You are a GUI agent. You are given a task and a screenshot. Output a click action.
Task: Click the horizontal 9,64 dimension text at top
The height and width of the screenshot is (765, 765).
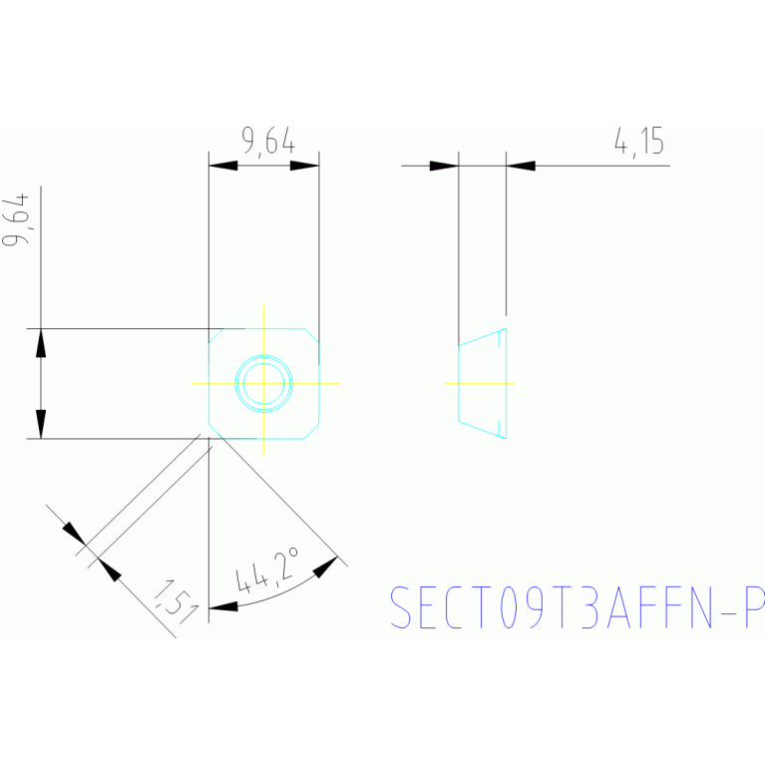pos(267,142)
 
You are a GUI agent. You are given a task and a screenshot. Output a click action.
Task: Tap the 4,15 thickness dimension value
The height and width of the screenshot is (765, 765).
pos(639,142)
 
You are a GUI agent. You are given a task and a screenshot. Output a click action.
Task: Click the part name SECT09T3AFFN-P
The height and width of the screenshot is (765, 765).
pos(576,607)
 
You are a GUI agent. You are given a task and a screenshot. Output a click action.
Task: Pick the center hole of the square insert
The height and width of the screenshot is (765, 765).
pos(263,383)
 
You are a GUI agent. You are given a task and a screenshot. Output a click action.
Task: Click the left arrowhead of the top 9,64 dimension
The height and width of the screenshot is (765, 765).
pos(222,166)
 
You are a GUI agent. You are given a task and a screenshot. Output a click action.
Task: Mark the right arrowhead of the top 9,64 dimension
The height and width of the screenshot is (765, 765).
pos(305,166)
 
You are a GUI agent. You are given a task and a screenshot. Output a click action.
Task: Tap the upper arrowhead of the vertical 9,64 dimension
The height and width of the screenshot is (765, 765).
pos(41,342)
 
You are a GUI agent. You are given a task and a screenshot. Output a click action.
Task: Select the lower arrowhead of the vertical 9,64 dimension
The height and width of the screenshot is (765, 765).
pos(41,424)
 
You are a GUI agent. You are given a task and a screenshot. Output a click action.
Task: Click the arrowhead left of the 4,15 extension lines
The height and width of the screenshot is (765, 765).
pos(445,166)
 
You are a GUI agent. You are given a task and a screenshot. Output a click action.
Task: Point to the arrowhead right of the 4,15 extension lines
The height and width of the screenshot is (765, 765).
pos(521,166)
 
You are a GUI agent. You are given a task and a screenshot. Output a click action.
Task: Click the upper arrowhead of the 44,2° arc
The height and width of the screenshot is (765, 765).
pos(326,566)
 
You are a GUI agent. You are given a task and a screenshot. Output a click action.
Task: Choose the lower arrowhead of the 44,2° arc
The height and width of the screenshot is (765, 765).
pos(223,605)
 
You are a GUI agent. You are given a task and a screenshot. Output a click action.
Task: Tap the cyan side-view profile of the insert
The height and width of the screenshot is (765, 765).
pos(483,383)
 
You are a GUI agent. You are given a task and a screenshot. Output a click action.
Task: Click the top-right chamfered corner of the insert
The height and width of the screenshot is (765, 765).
pos(312,334)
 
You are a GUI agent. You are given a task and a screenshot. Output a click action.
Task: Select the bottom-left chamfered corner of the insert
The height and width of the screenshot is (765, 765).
pos(214,431)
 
